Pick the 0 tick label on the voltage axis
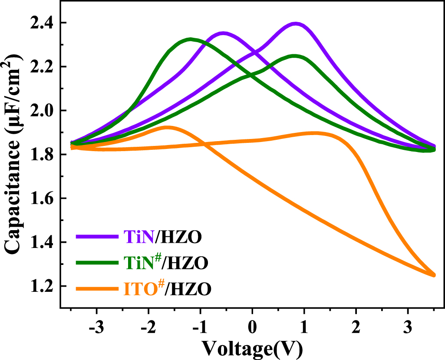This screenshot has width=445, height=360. click(252, 326)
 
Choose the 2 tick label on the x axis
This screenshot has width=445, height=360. click(356, 326)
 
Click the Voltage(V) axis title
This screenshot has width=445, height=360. click(252, 347)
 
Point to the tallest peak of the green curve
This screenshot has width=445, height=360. click(190, 39)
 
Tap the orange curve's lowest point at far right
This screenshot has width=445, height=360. click(433, 274)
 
